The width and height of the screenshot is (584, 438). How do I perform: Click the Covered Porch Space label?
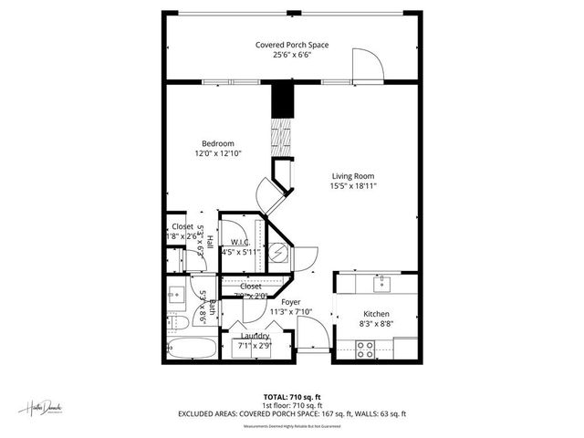(292, 45)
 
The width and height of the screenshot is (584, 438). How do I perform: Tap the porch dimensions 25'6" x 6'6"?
(292, 55)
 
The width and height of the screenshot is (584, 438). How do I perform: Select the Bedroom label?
(218, 143)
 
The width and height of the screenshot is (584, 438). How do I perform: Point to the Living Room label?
(352, 176)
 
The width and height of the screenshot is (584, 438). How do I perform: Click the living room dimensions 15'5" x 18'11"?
(353, 186)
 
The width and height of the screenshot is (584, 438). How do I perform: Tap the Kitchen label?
(377, 314)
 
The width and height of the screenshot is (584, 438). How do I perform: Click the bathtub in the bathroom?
(192, 348)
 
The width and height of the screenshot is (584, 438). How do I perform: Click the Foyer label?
(291, 301)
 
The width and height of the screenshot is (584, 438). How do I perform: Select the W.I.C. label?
(241, 242)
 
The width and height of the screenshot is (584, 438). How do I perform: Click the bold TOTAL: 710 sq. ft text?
(292, 398)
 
